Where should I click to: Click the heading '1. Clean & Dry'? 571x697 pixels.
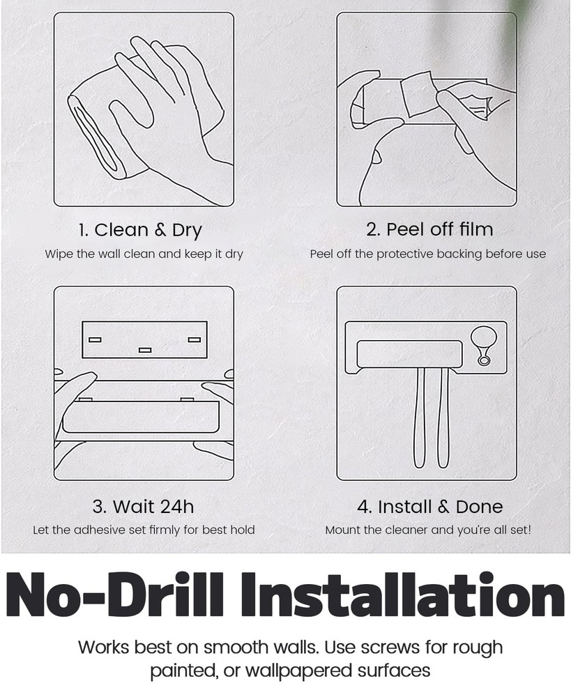140,230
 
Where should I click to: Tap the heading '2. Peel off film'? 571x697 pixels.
429,229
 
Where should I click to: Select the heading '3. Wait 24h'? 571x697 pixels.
143,507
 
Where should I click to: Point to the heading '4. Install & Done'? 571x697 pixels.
430,507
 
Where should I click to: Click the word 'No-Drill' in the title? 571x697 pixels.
114,596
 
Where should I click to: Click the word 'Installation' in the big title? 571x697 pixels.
404,596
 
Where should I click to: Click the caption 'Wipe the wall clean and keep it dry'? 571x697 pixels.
144,254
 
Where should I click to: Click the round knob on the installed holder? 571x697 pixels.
484,337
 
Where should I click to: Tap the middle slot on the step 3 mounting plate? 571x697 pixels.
145,351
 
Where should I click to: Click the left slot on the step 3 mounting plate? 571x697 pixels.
95,339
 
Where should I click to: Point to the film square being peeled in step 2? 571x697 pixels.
418,93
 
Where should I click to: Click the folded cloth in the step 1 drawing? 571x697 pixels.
102,133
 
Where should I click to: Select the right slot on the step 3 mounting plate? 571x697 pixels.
195,339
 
